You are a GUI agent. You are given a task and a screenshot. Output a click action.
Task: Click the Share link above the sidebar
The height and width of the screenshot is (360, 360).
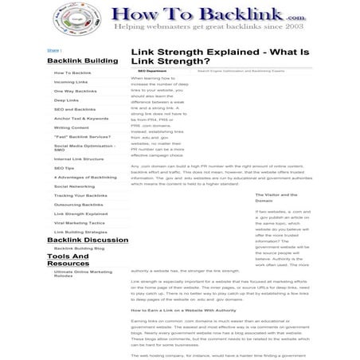[x=53, y=49]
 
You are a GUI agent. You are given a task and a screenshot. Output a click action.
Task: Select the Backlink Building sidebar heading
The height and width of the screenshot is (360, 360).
[x=82, y=61]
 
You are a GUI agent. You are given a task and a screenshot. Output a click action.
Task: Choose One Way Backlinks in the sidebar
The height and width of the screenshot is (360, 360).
[x=76, y=91]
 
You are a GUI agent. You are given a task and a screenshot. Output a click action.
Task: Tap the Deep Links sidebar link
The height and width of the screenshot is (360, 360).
[x=66, y=100]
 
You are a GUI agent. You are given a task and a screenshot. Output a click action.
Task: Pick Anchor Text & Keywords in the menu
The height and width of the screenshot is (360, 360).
[x=81, y=118]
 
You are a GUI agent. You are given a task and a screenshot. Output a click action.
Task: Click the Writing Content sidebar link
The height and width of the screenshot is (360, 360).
[x=72, y=127]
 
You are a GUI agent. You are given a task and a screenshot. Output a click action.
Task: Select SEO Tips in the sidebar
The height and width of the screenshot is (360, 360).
[x=64, y=168]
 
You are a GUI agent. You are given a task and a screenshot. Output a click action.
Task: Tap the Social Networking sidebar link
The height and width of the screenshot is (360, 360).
[x=74, y=186]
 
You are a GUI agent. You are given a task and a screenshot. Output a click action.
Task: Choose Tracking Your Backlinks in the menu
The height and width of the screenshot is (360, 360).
[x=80, y=195]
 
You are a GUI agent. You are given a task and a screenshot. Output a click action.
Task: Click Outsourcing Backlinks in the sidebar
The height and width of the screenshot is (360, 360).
[x=79, y=205]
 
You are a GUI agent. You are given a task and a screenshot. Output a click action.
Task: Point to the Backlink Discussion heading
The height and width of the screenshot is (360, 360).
[x=88, y=239]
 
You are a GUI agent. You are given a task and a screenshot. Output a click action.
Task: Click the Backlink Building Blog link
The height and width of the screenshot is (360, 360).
[x=79, y=248]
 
